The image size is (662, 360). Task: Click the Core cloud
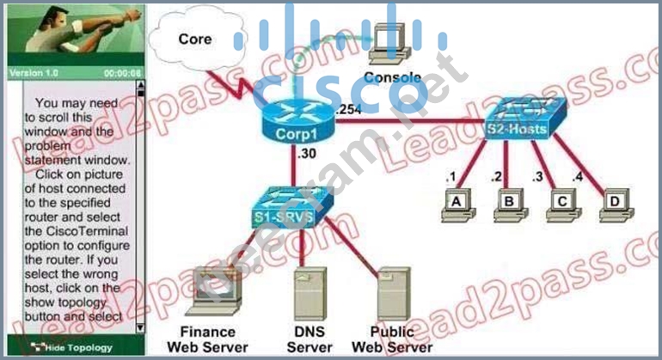[x=195, y=40]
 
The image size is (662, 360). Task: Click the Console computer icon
[x=391, y=48]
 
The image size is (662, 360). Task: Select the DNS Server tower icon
[x=310, y=292]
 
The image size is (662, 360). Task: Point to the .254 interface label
[x=350, y=108]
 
